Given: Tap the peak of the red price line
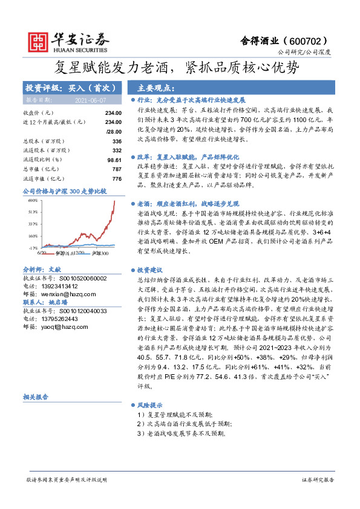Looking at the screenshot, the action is (115, 201).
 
